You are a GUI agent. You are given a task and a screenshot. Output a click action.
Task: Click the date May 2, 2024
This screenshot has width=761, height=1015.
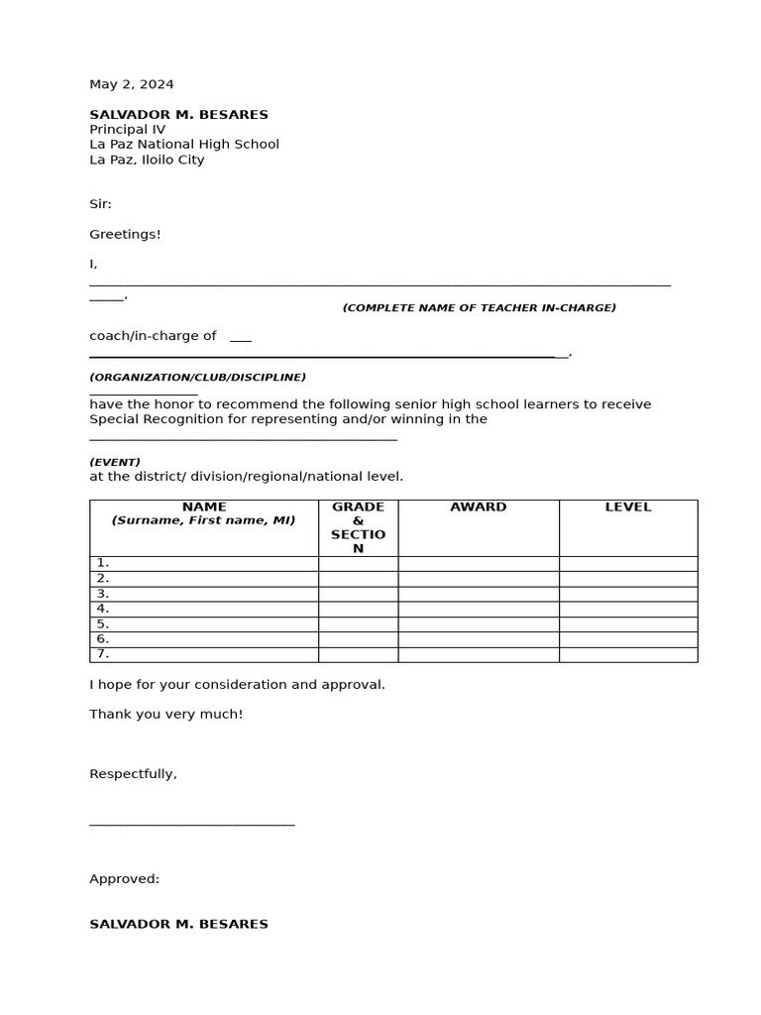tap(132, 84)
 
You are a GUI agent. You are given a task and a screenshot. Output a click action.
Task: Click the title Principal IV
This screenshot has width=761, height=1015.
tap(128, 129)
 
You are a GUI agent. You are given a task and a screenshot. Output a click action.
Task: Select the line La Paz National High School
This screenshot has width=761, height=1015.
tap(184, 144)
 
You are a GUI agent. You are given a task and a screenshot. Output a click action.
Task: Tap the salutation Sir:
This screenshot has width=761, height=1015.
tap(101, 204)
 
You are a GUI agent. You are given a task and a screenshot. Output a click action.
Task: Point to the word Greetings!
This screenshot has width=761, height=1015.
tap(125, 234)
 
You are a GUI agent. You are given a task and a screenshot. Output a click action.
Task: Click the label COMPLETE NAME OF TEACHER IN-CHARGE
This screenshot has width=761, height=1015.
tap(480, 308)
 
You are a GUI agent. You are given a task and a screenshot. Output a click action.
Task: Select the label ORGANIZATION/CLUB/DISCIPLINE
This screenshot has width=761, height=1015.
tap(198, 378)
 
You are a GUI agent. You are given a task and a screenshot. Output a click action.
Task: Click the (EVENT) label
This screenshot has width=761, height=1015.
tap(115, 462)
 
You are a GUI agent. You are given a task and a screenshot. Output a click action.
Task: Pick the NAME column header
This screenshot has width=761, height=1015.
tap(204, 507)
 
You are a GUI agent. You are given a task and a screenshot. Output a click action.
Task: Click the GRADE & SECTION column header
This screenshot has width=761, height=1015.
tap(358, 527)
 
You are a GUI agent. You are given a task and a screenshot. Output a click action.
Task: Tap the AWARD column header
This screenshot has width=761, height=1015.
tap(479, 507)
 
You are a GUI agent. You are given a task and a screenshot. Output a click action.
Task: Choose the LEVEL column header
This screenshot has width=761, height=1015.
tap(628, 507)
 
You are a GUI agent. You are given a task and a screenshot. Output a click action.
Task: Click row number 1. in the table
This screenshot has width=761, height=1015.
tap(103, 563)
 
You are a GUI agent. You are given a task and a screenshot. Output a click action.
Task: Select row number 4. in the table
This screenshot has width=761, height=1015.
tap(103, 609)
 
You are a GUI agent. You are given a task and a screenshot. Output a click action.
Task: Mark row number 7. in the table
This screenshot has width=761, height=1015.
tap(103, 654)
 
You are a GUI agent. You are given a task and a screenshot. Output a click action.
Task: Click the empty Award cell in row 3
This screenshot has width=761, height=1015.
tap(479, 594)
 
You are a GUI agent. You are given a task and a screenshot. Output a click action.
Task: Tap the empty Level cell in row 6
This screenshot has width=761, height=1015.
tap(628, 639)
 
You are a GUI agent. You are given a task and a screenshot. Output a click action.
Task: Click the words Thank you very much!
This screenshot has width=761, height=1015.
tap(166, 714)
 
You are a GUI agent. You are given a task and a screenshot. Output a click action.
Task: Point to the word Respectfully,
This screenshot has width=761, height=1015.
tap(134, 774)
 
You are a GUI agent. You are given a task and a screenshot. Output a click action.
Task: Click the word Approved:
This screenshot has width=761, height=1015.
tap(125, 879)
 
